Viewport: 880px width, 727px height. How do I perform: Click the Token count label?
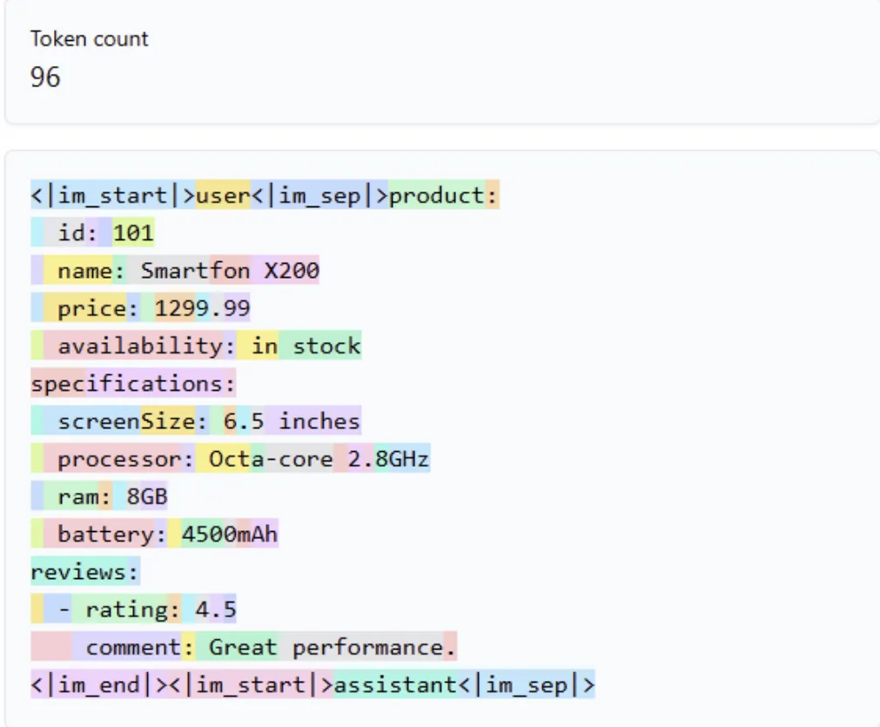point(90,39)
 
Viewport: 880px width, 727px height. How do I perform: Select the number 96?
point(45,77)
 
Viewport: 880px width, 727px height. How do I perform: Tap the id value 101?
point(133,233)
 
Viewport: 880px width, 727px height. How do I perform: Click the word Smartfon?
point(195,271)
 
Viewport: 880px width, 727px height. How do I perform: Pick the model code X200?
point(292,271)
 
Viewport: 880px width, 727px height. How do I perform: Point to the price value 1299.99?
point(202,308)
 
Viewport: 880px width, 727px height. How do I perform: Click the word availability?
point(140,346)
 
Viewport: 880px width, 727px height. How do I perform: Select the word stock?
point(326,346)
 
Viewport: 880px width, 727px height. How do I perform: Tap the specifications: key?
point(133,384)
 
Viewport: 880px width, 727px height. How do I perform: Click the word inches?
point(319,421)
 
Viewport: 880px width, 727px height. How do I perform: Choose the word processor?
point(119,460)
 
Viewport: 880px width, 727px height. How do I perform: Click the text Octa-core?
point(271,459)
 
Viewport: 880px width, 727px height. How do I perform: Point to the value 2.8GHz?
point(388,459)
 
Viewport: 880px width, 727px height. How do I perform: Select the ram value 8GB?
point(146,496)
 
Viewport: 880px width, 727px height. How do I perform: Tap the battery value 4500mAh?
point(230,534)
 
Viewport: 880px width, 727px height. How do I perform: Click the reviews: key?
point(84,572)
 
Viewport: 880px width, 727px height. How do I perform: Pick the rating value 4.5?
point(216,609)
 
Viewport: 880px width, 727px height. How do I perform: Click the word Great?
point(243,647)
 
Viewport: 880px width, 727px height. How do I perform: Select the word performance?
point(367,648)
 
